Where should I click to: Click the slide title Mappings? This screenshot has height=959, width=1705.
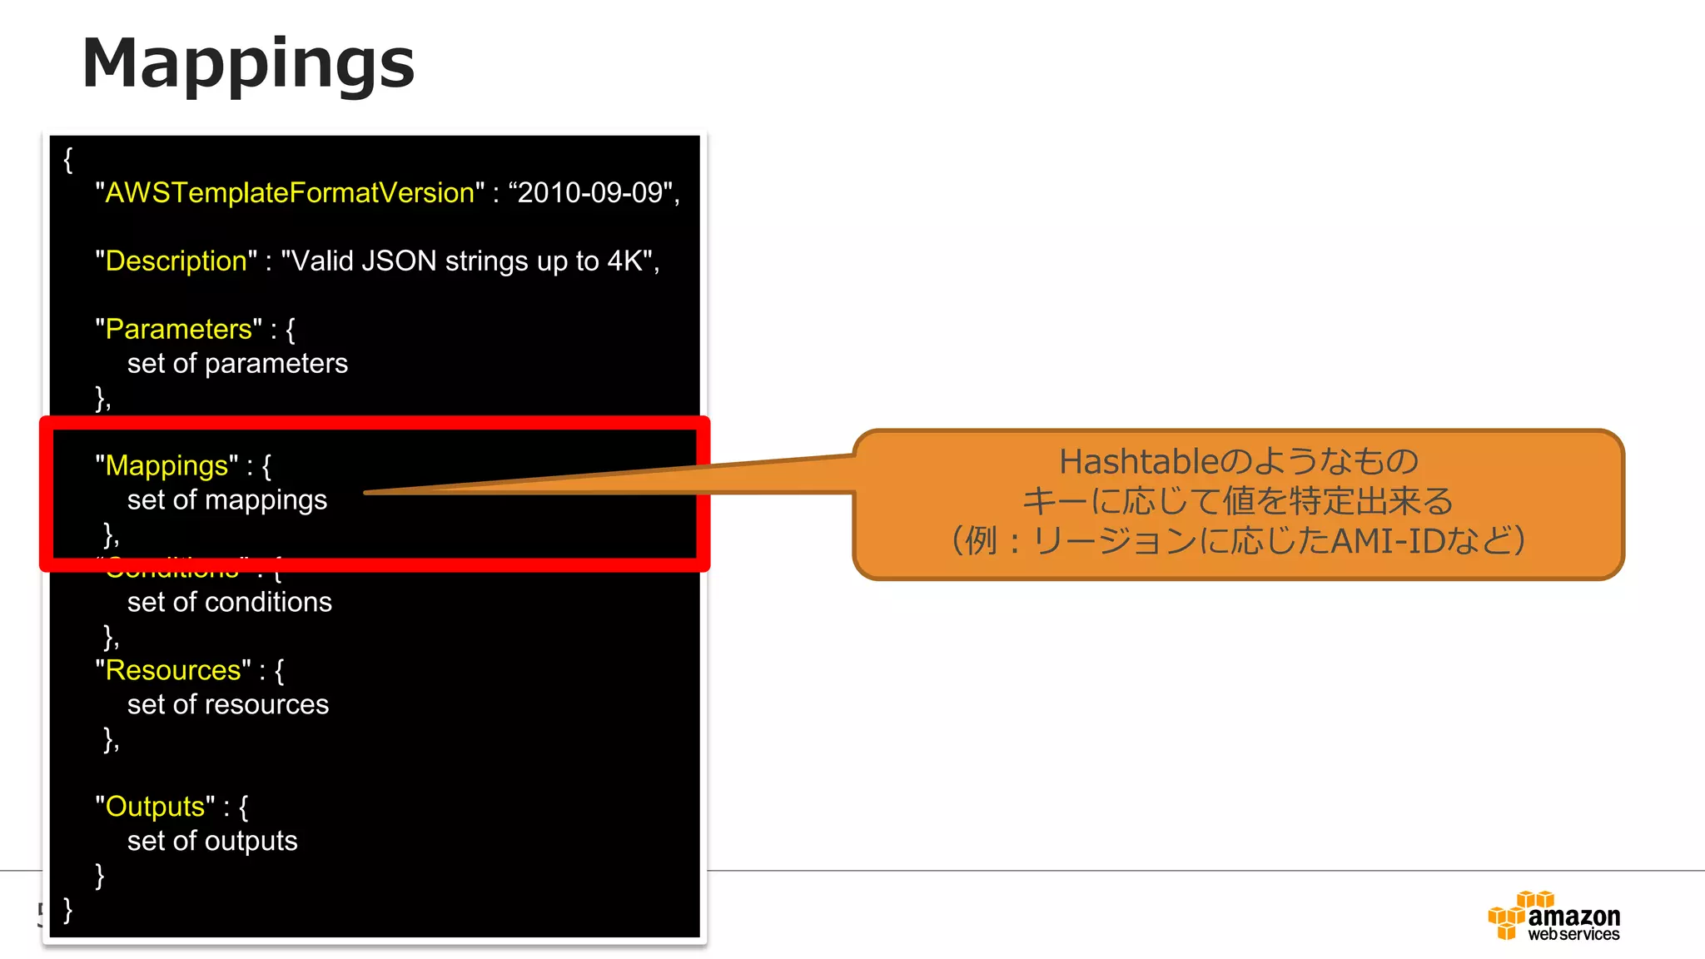point(248,64)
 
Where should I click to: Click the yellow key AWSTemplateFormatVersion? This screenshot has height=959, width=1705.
point(289,193)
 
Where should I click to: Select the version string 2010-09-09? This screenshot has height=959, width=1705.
point(589,193)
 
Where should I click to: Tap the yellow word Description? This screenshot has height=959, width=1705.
point(176,261)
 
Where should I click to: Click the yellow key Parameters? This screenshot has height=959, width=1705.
point(178,330)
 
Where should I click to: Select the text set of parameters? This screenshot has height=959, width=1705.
point(237,364)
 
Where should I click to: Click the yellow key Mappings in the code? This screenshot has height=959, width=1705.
point(167,465)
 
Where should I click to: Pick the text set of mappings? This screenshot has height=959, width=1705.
point(226,500)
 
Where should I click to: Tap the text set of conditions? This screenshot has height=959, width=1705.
point(229,603)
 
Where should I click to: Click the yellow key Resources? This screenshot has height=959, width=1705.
point(172,670)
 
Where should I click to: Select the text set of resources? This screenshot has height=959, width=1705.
point(227,705)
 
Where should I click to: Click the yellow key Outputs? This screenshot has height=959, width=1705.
point(155,807)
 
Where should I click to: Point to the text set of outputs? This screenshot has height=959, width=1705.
point(211,842)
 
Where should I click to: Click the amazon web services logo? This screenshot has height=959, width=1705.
point(1553,917)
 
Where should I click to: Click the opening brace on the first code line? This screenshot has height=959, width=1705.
point(68,159)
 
